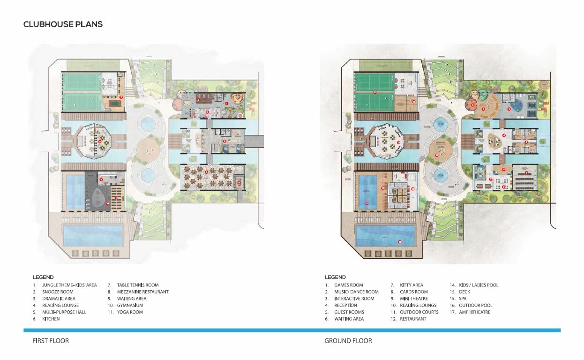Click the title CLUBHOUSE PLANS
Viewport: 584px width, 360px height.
pyautogui.click(x=63, y=24)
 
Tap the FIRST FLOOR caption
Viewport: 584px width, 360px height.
pyautogui.click(x=51, y=341)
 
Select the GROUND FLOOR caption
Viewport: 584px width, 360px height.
pyautogui.click(x=348, y=341)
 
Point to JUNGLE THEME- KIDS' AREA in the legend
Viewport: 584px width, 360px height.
pyautogui.click(x=69, y=285)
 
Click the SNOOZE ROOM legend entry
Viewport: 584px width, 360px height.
pyautogui.click(x=58, y=292)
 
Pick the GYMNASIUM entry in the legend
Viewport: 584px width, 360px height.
pyautogui.click(x=130, y=305)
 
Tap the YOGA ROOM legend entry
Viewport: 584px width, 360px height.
pyautogui.click(x=130, y=312)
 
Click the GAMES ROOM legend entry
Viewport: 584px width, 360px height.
pyautogui.click(x=348, y=285)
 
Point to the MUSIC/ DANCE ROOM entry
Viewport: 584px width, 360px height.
pyautogui.click(x=356, y=292)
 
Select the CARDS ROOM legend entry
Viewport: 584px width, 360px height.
pyautogui.click(x=414, y=292)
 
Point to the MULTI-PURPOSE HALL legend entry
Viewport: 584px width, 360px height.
pyautogui.click(x=64, y=312)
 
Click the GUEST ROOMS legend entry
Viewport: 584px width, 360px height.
pyautogui.click(x=349, y=312)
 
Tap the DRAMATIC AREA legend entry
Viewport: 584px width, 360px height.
pyautogui.click(x=59, y=299)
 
